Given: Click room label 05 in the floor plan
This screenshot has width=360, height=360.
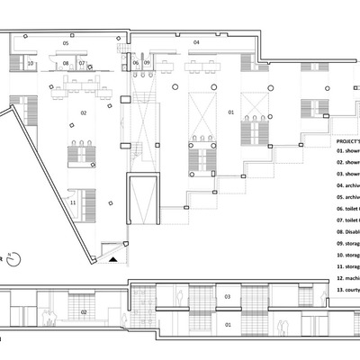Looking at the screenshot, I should pyautogui.click(x=65, y=42).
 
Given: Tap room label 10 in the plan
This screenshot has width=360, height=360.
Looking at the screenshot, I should pyautogui.click(x=30, y=64).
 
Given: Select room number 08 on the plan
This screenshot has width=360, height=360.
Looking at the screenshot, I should pyautogui.click(x=66, y=64).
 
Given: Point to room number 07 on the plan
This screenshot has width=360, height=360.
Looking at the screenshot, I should pyautogui.click(x=82, y=64).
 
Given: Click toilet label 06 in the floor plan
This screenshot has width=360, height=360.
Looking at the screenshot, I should pyautogui.click(x=135, y=64).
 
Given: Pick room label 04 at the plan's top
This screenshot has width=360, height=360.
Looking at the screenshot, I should pyautogui.click(x=195, y=42).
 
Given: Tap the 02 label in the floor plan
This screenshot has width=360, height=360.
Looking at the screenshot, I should pyautogui.click(x=83, y=112).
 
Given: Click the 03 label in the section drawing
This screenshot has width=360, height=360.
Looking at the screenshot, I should pyautogui.click(x=227, y=296).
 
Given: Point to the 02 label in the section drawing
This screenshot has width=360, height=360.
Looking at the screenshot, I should pyautogui.click(x=83, y=311).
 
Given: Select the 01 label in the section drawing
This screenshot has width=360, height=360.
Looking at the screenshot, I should pyautogui.click(x=227, y=324).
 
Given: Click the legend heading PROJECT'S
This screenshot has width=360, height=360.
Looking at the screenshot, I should pyautogui.click(x=347, y=141).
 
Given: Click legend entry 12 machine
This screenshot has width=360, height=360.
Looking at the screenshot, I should pyautogui.click(x=347, y=279).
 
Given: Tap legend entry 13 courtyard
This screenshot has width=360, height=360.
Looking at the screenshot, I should pyautogui.click(x=347, y=291).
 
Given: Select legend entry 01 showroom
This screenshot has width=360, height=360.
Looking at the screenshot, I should pyautogui.click(x=347, y=151).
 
